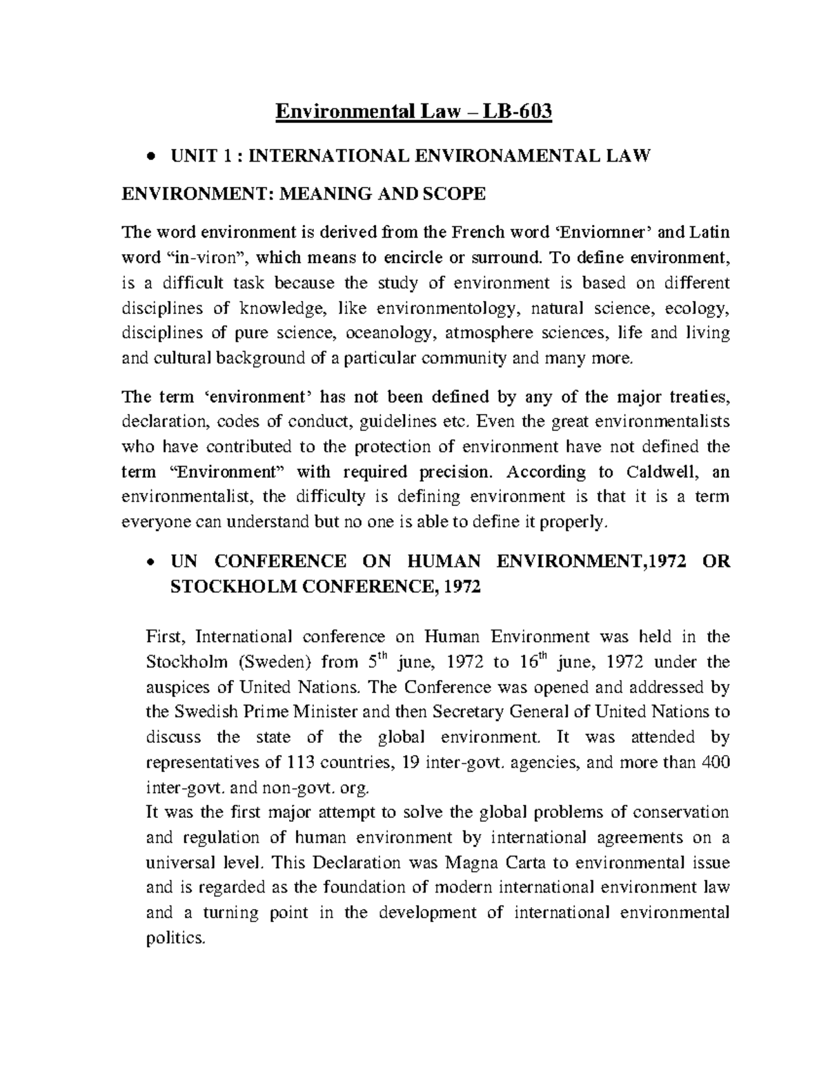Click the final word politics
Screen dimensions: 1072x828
[x=175, y=939]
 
